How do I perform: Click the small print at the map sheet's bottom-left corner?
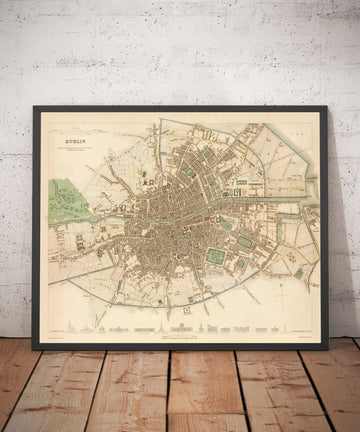click(56, 338)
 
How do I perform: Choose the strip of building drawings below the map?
click(180, 329)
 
